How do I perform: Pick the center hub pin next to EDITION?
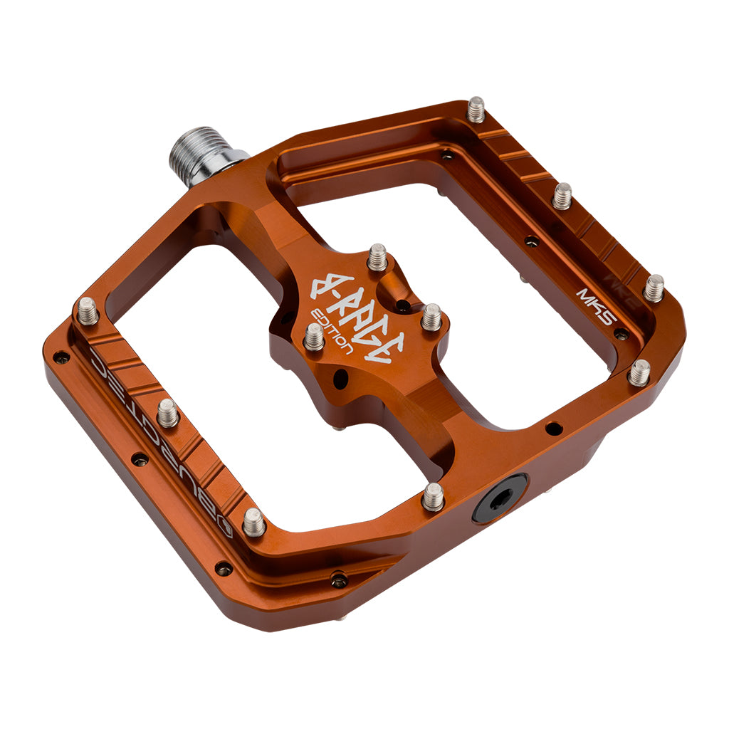point(313,337)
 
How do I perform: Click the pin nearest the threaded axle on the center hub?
point(377,257)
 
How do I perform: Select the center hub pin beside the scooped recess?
point(431,317)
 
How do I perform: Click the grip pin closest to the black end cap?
point(432,496)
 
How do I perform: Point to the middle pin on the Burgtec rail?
point(167,413)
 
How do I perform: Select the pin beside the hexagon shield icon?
point(253,522)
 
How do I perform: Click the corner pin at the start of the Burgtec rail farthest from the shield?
point(87,310)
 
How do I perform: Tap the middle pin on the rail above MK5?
point(562,195)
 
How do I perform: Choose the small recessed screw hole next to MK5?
point(621,333)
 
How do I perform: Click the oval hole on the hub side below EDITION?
point(340,378)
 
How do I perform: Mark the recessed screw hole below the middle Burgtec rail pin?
point(140,459)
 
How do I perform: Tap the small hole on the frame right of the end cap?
point(552,428)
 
